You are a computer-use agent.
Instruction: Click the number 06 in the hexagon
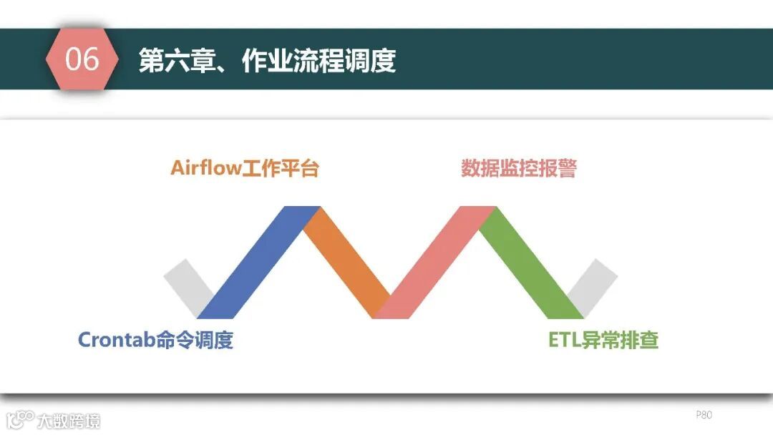tap(82, 59)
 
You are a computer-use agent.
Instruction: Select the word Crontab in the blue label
tap(117, 340)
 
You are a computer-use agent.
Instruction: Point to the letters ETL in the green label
tap(563, 340)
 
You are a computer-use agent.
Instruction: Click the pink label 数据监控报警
tap(519, 169)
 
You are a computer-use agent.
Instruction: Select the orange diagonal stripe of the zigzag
tap(347, 262)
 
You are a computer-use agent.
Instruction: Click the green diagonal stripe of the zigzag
tap(530, 262)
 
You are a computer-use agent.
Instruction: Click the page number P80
tap(704, 415)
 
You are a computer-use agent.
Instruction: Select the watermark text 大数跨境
tap(69, 420)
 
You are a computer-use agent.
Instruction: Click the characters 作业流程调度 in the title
tap(319, 61)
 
